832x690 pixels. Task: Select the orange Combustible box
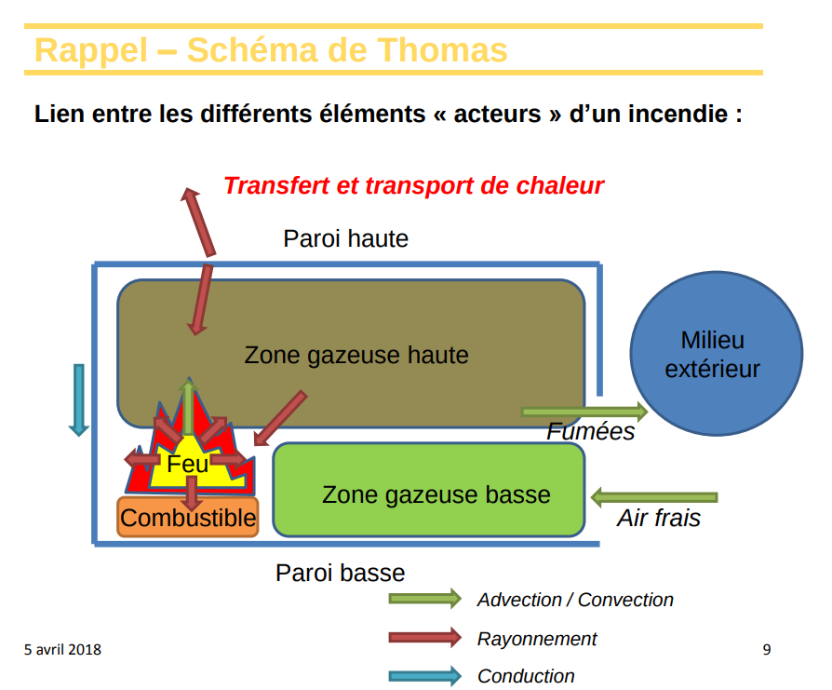tap(187, 518)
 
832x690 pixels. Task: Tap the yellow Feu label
tap(188, 463)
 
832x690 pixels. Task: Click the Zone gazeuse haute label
tap(356, 355)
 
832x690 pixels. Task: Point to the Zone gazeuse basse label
tap(436, 494)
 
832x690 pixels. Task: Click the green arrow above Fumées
tap(584, 411)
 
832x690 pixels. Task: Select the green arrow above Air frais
tap(654, 496)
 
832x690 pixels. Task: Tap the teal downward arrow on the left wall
tap(79, 399)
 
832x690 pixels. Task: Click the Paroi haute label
tap(345, 238)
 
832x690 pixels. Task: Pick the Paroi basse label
tap(340, 573)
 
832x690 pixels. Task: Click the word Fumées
tap(590, 432)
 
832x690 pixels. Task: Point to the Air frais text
tap(658, 519)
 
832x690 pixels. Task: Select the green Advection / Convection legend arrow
tap(424, 599)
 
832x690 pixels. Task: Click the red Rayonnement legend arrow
tap(424, 638)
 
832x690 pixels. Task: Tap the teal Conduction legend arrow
tap(424, 676)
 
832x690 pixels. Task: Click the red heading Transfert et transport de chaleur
tap(413, 185)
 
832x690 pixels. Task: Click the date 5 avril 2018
tap(63, 649)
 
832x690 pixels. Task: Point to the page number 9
tap(766, 649)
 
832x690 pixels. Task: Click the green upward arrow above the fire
tap(189, 406)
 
